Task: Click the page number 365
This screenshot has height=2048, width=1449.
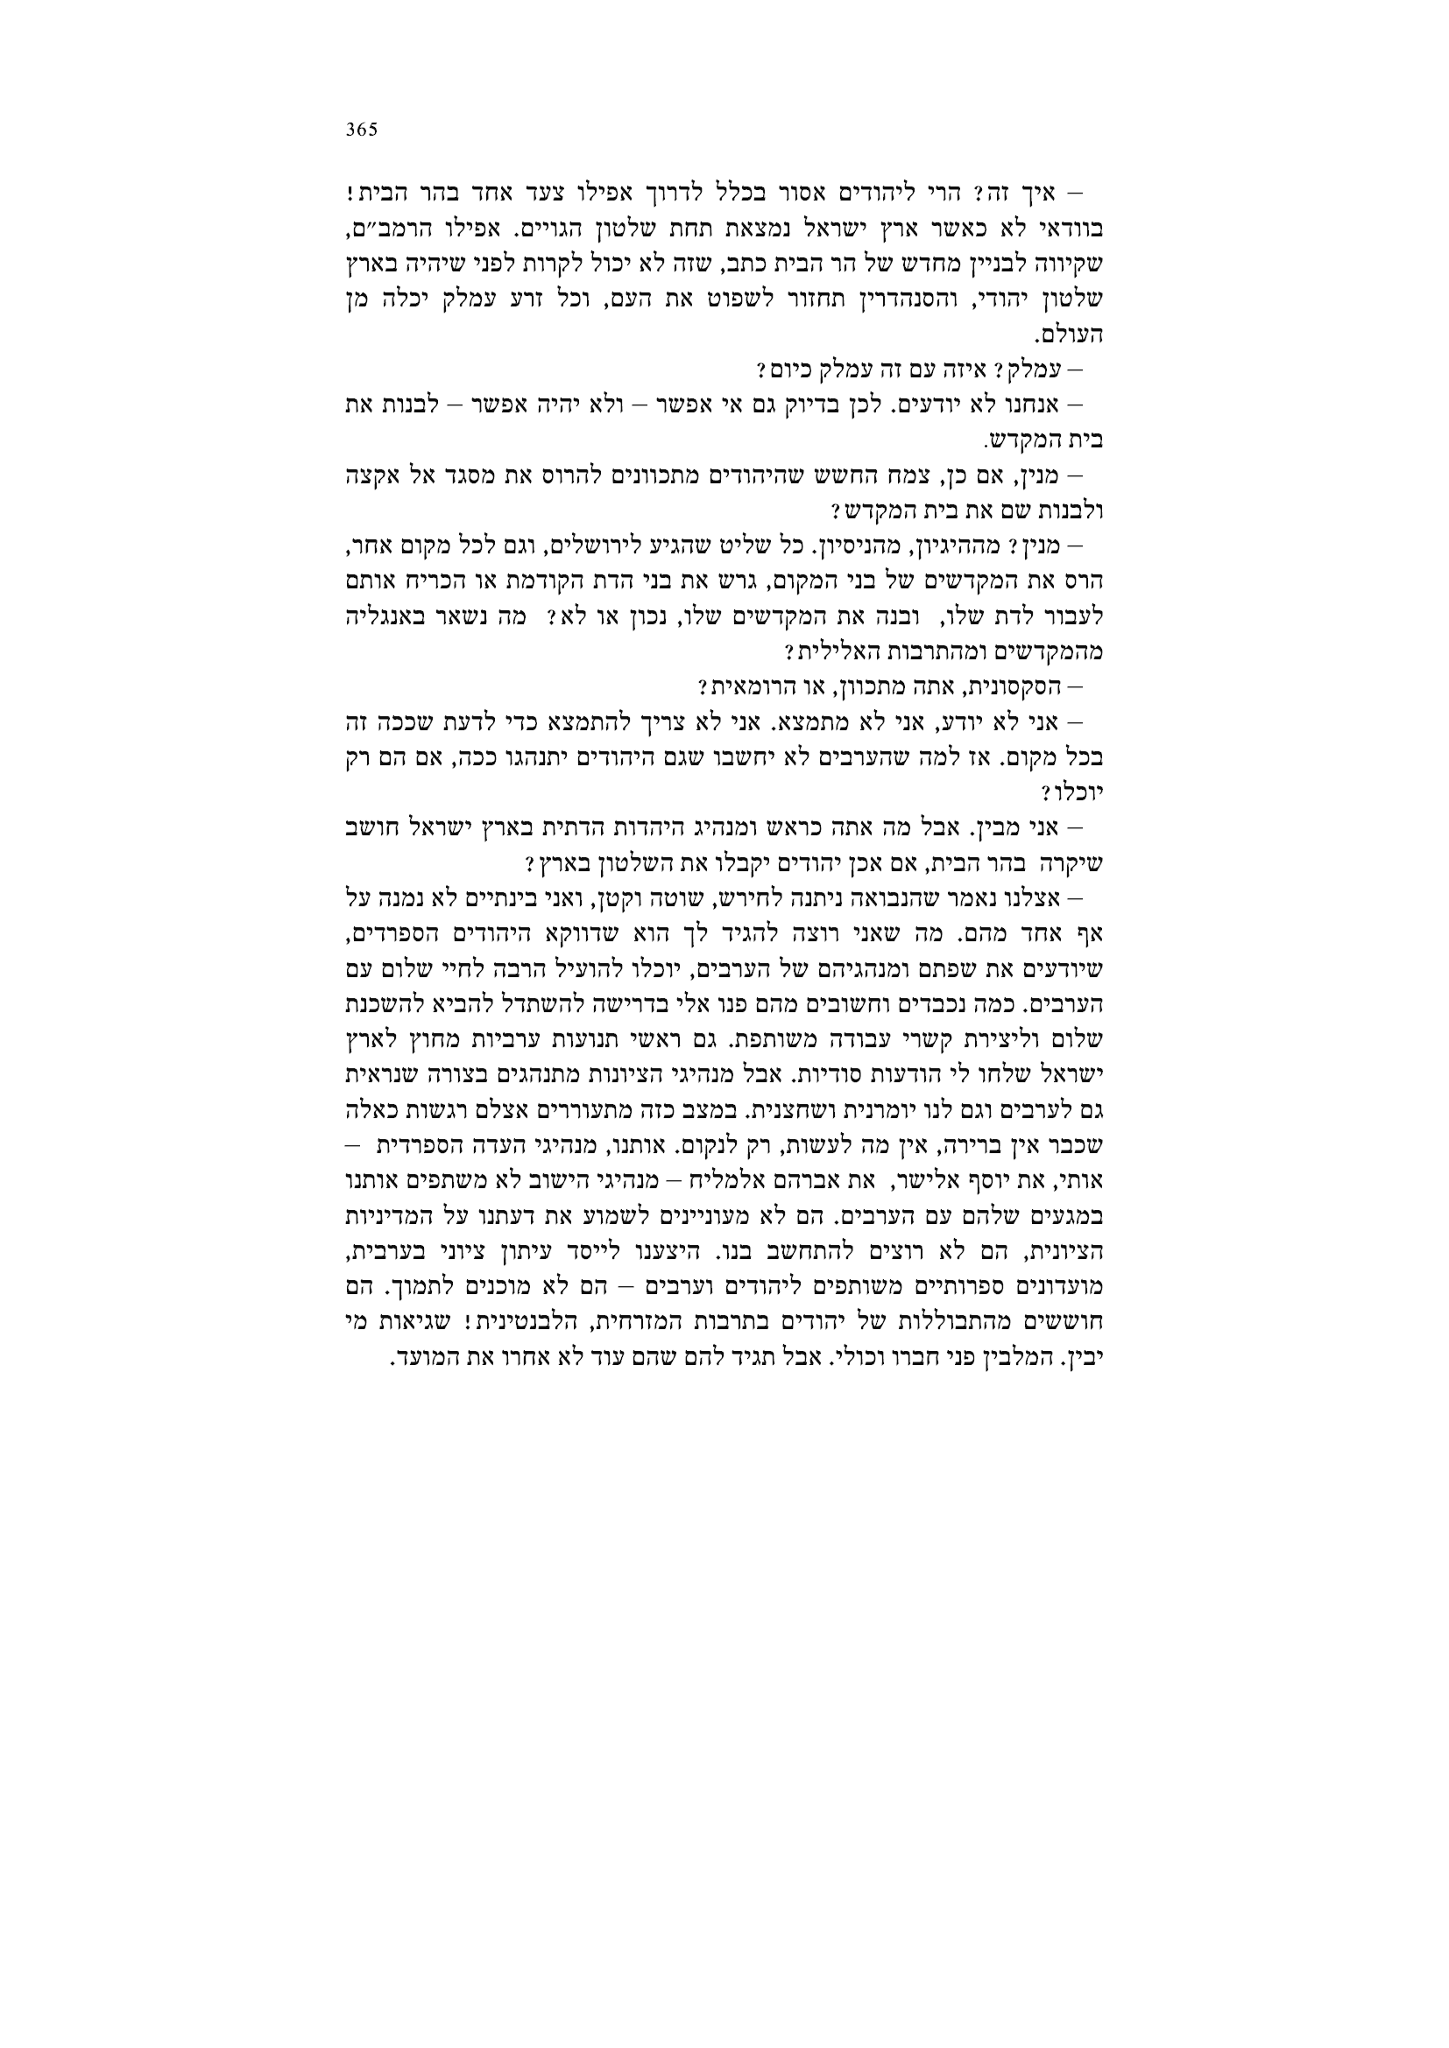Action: tap(363, 130)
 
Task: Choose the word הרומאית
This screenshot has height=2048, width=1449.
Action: tap(747, 687)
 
